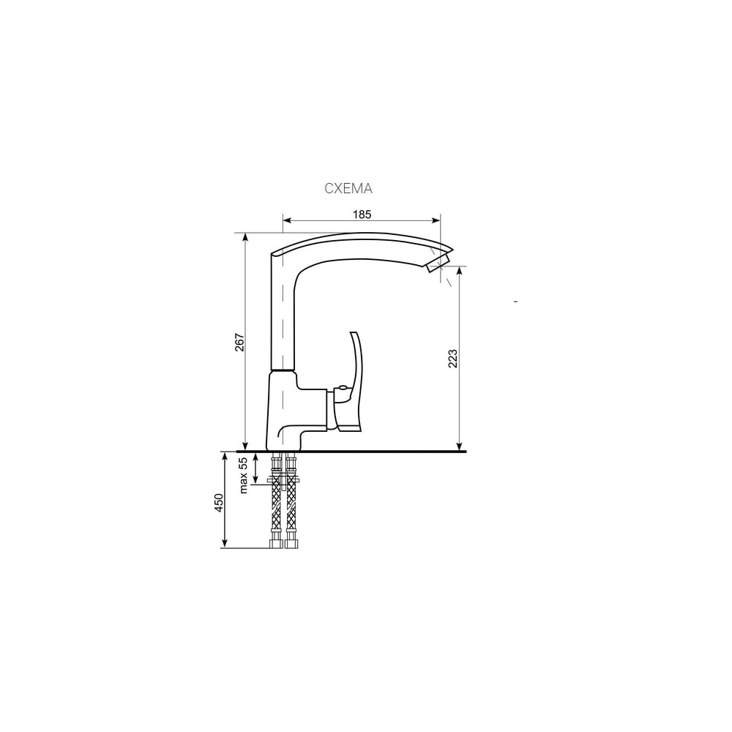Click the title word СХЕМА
pos(348,188)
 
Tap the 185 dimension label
pos(362,214)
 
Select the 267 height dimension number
pos(239,342)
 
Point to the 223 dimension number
pos(453,358)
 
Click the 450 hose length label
pos(219,502)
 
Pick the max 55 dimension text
pos(243,475)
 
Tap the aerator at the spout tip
pos(438,263)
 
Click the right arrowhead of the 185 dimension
pos(436,220)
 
